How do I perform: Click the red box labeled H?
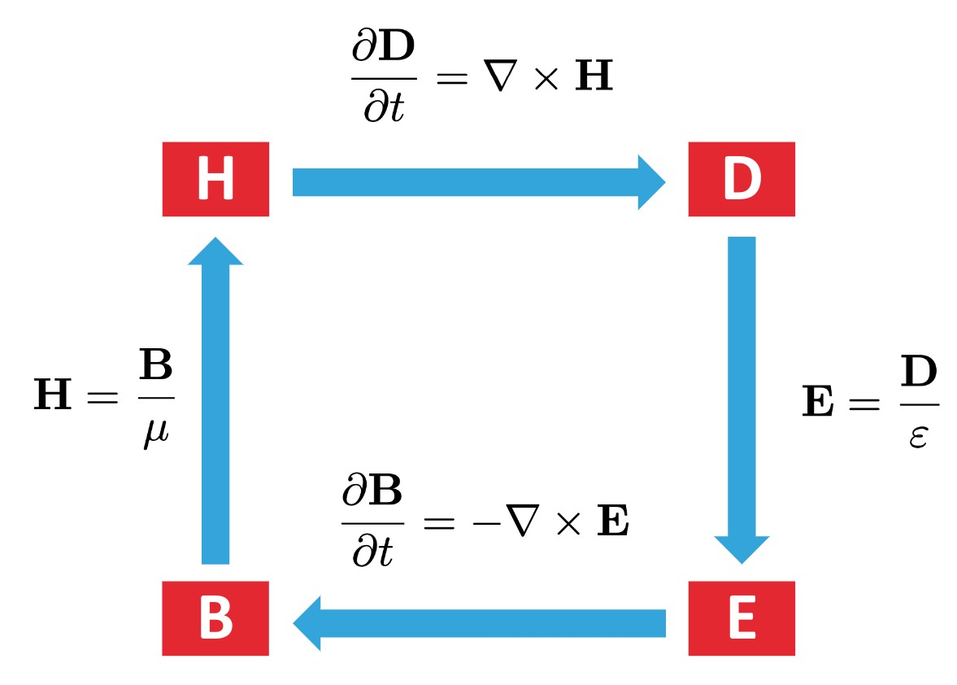point(215,179)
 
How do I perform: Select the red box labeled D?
point(742,179)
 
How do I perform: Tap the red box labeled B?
point(215,618)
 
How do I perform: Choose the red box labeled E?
point(742,618)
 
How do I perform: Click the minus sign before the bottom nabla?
point(485,522)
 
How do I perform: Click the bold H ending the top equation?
point(594,77)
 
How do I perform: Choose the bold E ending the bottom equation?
point(613,522)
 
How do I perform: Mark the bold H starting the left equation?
point(53,399)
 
